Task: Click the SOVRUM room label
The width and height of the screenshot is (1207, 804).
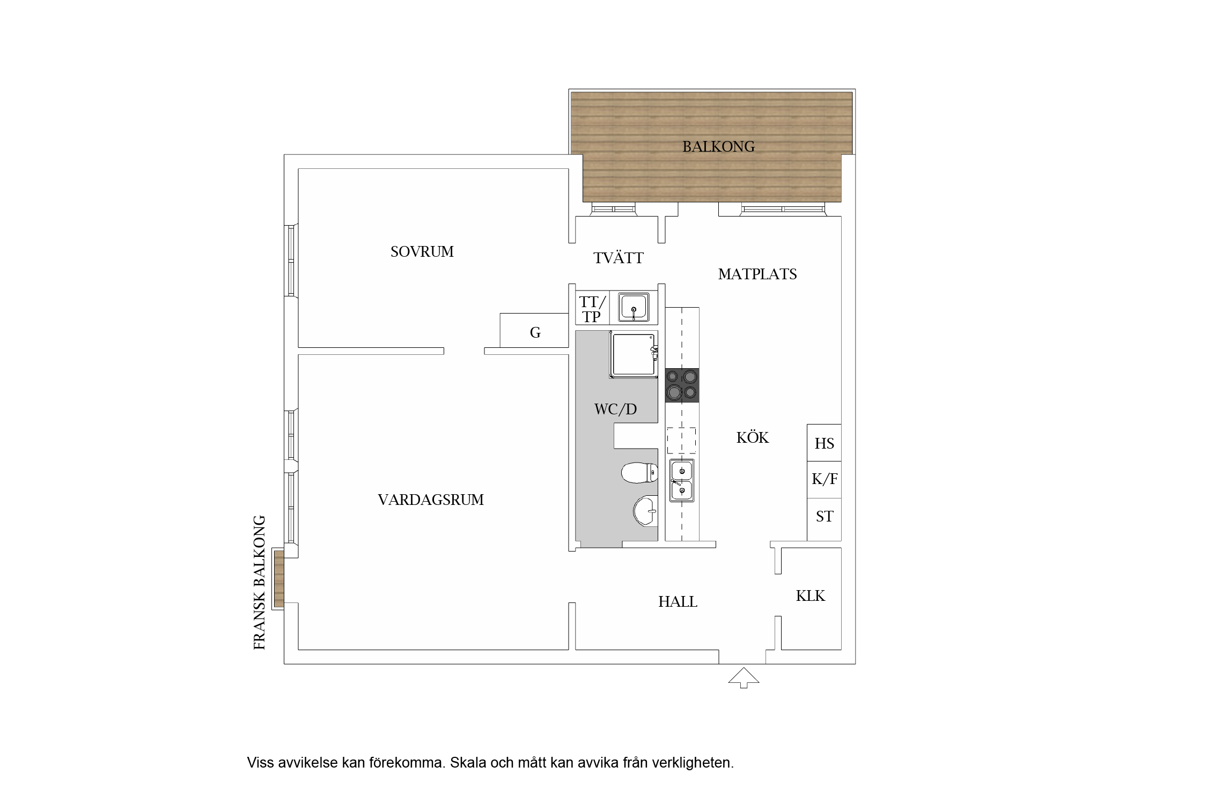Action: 422,251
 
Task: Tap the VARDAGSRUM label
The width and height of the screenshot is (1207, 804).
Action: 431,500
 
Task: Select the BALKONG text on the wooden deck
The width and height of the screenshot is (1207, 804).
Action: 718,146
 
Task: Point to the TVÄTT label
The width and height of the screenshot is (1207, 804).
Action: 618,258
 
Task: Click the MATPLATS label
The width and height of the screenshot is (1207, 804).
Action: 757,274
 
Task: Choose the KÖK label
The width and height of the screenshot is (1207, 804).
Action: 753,437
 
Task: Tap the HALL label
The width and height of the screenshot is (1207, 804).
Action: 678,601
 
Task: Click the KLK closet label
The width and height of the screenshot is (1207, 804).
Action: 811,595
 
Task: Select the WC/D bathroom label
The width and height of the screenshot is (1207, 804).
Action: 615,409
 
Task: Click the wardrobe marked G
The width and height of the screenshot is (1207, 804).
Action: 534,331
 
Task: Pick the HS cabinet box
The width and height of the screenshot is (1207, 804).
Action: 824,443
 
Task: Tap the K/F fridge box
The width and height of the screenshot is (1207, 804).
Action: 824,480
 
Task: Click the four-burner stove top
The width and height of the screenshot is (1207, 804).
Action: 682,385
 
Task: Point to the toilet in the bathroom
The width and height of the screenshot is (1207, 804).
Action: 639,472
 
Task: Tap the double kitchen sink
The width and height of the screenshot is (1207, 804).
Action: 682,480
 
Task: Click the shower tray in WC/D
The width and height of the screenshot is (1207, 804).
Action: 634,355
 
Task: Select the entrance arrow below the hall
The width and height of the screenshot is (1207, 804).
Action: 744,678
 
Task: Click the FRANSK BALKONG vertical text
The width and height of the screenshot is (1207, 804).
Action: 260,583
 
